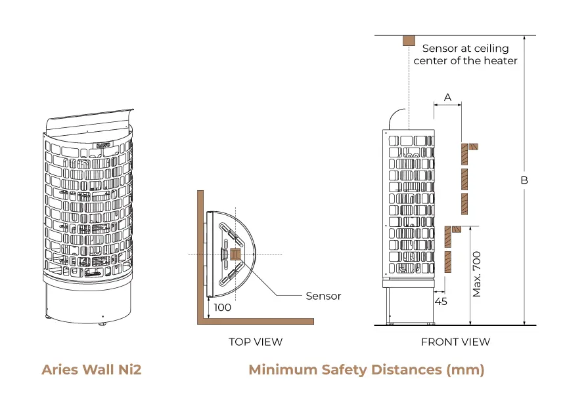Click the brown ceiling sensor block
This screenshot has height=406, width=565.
(x=409, y=41)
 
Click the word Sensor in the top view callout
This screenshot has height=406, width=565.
(x=323, y=296)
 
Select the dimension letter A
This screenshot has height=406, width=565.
(x=448, y=97)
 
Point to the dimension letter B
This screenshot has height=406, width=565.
(x=524, y=180)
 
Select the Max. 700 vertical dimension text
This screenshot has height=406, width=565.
(x=478, y=274)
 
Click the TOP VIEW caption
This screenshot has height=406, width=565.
(x=256, y=342)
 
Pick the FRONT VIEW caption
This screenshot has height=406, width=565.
(x=455, y=342)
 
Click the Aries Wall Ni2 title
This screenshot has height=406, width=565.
(x=91, y=370)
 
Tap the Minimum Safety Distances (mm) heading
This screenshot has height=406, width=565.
(x=366, y=370)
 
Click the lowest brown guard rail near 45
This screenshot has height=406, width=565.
(x=448, y=261)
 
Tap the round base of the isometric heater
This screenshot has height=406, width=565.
(x=88, y=305)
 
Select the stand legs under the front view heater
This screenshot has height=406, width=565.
(x=409, y=305)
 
